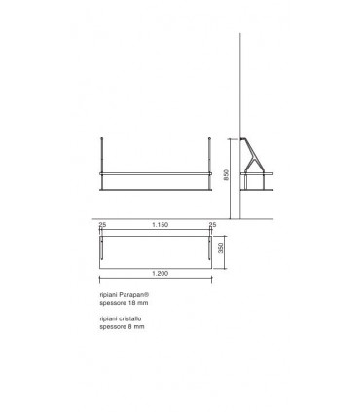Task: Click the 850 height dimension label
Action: tap(226, 176)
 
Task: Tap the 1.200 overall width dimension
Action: tap(158, 275)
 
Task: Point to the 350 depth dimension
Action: tap(225, 247)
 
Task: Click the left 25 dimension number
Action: tap(102, 225)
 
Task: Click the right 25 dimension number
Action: tap(213, 225)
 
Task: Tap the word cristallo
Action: tap(130, 318)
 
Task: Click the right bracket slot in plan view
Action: tap(213, 247)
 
